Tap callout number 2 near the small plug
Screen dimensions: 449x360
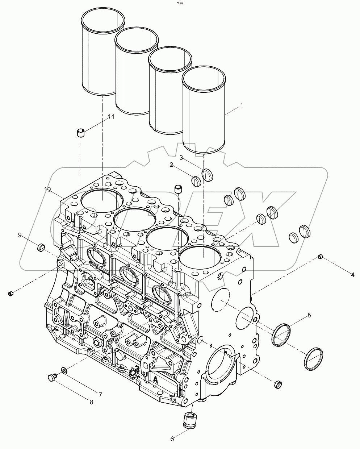click(x=172, y=165)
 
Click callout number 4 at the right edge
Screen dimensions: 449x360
click(x=352, y=274)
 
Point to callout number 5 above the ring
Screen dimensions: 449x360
click(x=309, y=315)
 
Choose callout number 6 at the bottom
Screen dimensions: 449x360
click(x=172, y=438)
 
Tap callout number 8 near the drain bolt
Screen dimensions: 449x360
click(x=91, y=402)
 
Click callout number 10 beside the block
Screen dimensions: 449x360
click(x=47, y=189)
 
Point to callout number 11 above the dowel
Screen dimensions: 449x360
click(x=111, y=116)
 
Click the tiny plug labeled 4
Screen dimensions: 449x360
click(x=320, y=257)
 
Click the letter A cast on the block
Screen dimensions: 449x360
click(x=155, y=380)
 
